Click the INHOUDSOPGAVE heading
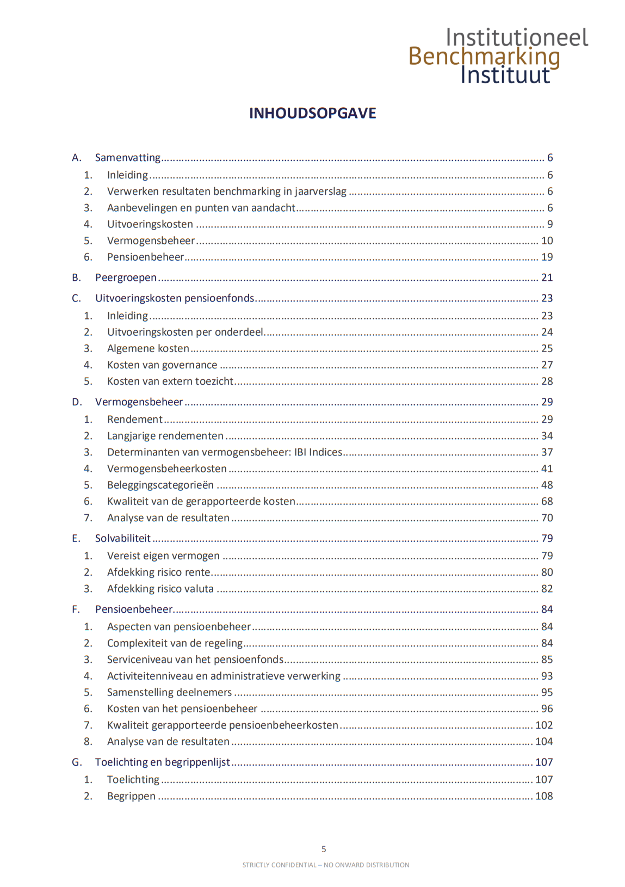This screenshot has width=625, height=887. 312,113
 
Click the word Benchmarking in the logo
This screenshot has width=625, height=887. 484,56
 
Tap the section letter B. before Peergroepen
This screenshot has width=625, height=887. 76,278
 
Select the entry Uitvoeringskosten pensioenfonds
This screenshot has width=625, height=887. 175,298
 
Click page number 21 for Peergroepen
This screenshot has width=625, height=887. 547,278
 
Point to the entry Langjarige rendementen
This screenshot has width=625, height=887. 165,436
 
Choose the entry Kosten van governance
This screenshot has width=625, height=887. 162,365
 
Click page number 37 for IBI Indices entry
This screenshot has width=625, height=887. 547,452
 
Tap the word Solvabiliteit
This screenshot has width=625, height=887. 122,538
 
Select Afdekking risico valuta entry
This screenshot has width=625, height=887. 160,589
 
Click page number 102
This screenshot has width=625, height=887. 543,725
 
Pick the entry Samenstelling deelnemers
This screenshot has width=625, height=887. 169,692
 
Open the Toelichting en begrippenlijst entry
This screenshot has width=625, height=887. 162,762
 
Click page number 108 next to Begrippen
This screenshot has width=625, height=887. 543,796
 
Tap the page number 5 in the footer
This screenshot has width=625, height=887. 324,849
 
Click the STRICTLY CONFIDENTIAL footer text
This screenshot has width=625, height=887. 325,865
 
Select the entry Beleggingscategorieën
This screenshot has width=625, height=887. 160,485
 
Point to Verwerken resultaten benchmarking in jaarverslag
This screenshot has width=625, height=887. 226,192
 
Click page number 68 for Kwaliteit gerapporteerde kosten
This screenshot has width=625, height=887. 547,501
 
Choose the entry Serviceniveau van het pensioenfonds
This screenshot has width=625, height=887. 195,660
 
